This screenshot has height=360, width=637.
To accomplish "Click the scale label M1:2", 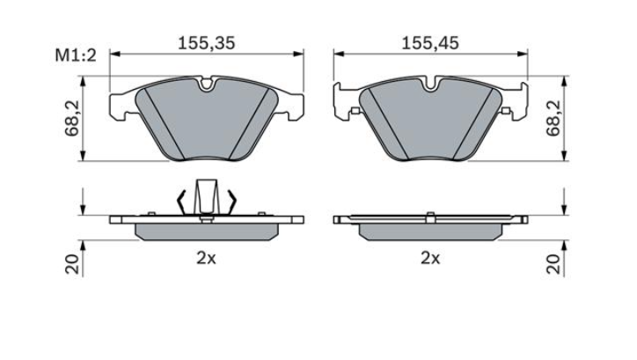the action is point(76,55).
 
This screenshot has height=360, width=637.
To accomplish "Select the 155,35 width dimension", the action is point(207,42).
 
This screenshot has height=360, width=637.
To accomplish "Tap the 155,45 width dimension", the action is point(430,42).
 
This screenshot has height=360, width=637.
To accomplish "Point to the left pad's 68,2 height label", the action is point(72,119).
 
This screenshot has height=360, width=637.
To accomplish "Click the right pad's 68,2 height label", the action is point(553,119).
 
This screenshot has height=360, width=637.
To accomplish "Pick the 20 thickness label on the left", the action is point(72,265).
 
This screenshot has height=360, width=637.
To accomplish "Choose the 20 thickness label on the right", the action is point(553,265).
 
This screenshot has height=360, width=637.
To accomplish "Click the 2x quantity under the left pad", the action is point(207,258).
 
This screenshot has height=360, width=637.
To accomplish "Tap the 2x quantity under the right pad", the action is point(430,258).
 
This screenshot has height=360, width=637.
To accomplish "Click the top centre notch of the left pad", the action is point(207,84).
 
